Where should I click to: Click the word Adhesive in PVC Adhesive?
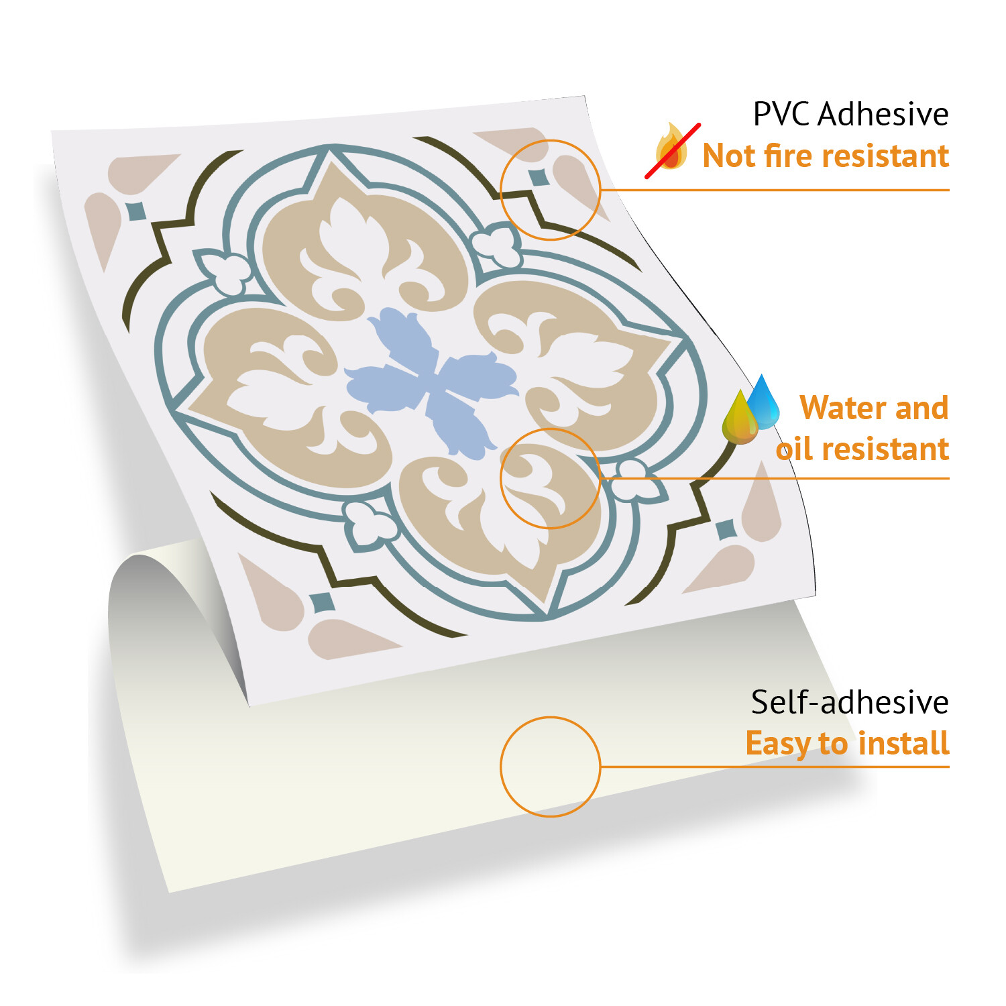[x=883, y=114]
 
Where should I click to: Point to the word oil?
[x=795, y=449]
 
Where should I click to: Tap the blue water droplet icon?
[x=763, y=401]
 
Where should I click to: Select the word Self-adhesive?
[x=850, y=702]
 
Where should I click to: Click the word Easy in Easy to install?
[x=779, y=744]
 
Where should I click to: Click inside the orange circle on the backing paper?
[x=550, y=767]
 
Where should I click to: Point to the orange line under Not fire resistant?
[x=775, y=190]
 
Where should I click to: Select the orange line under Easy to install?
[x=775, y=767]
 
